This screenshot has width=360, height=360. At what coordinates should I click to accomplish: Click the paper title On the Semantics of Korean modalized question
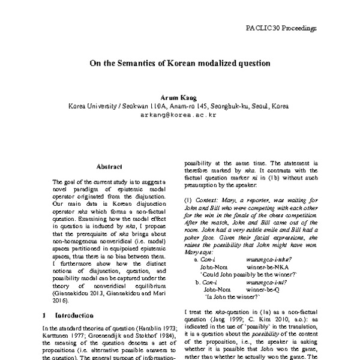click(179, 62)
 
